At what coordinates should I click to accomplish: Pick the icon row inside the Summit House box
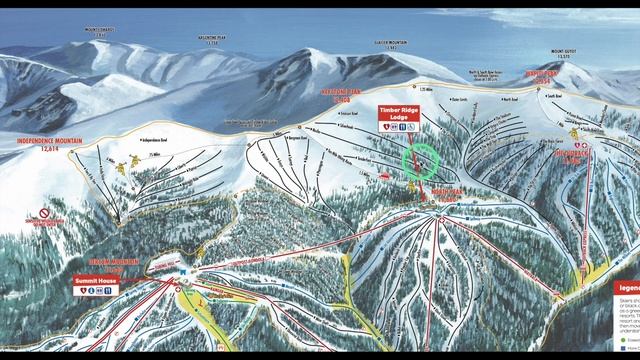point(98,291)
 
